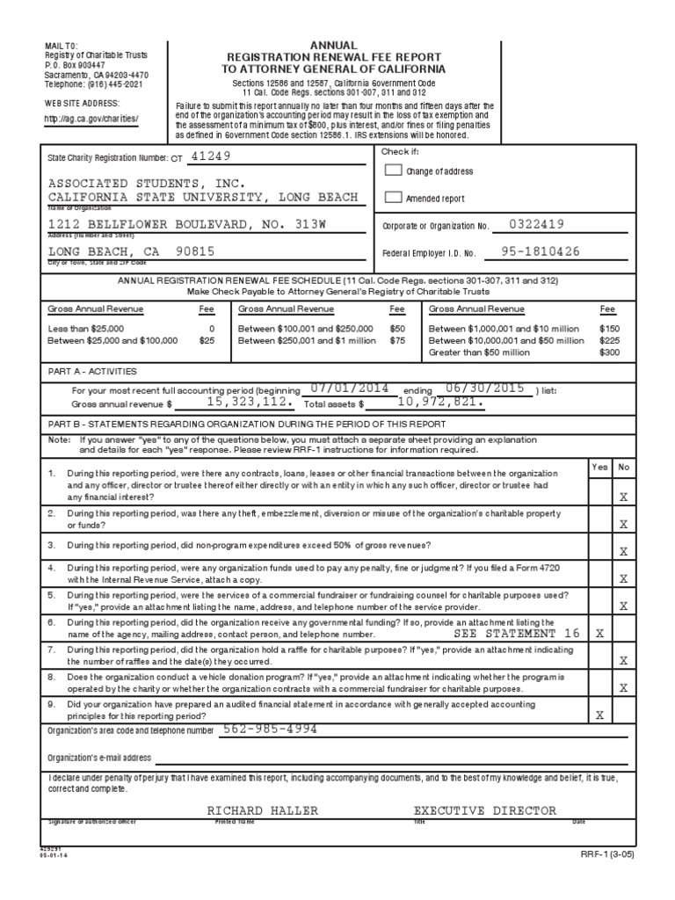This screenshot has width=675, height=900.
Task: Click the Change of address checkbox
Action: pos(394,171)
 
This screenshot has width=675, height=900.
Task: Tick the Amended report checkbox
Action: pos(394,198)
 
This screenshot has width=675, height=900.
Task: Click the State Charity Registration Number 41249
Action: pos(215,156)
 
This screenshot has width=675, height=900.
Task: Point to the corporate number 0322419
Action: pos(535,224)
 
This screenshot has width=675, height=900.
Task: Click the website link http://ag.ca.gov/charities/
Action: pos(92,119)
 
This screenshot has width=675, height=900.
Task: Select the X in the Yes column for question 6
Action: pos(599,633)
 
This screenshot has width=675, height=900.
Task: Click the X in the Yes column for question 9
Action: pos(599,715)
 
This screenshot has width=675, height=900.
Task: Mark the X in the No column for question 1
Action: pos(624,497)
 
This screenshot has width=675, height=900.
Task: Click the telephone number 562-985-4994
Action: pos(270,729)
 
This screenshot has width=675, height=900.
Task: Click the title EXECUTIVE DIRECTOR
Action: pos(484,810)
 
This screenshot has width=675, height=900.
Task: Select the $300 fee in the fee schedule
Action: pos(609,352)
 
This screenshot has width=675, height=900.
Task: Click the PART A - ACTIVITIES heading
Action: pos(92,371)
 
